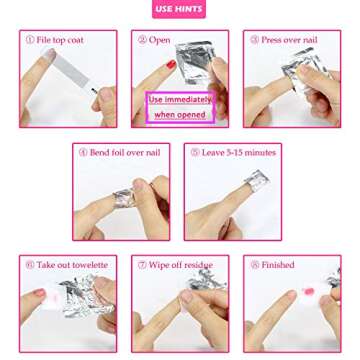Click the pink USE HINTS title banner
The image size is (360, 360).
pos(179,10)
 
